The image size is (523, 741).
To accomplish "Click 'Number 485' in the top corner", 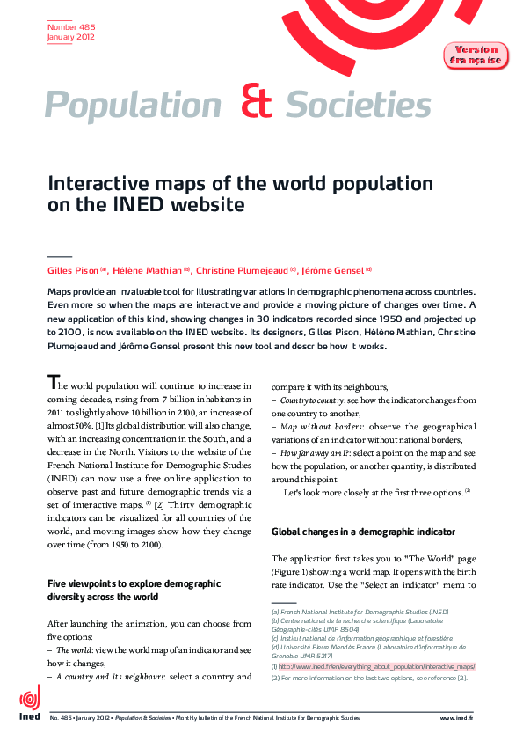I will tap(65, 28).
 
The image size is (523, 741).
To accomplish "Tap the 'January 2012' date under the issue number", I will tap(70, 38).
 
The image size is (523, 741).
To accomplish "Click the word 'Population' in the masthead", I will tap(133, 106).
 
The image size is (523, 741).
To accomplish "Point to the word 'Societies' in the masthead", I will tap(358, 106).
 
